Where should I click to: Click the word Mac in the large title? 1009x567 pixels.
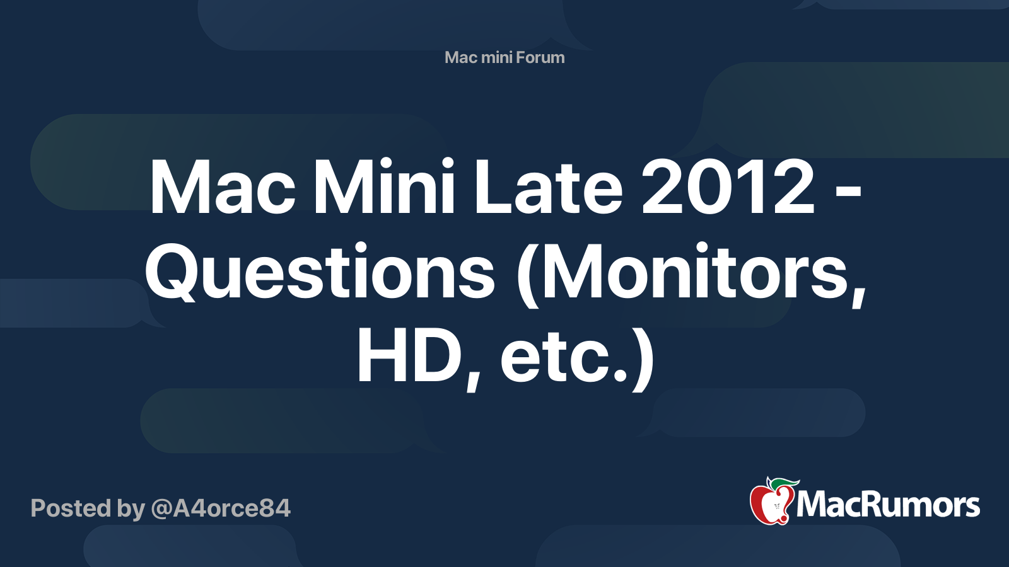point(222,188)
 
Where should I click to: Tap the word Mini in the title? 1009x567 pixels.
point(383,188)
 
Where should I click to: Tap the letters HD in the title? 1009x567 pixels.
point(411,357)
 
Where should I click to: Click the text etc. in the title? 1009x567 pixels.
point(563,357)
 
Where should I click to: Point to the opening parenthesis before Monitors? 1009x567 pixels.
point(528,274)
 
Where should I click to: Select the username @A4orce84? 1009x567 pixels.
point(220,508)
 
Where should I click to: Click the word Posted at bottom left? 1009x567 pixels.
point(71,508)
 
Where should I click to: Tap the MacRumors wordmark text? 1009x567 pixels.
point(888,505)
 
